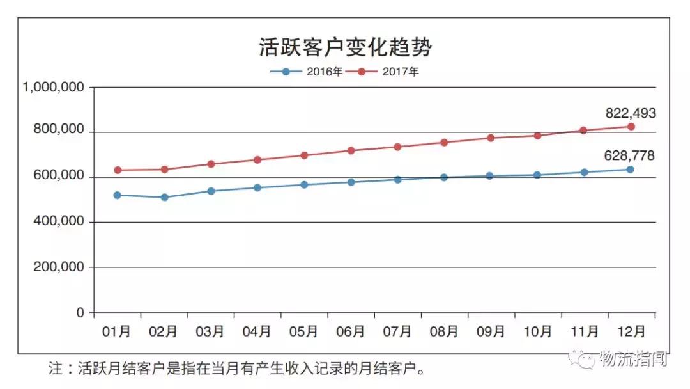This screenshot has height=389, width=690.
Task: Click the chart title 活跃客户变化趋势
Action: coord(345,47)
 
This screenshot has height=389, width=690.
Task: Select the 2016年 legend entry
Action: coord(307,72)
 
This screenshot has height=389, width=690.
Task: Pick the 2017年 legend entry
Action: coord(388,72)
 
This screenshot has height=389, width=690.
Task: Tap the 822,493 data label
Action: coord(630,114)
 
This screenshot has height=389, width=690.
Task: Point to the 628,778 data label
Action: coord(630,155)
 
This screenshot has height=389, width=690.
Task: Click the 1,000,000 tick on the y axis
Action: coord(54,87)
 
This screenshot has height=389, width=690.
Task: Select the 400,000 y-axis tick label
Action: coord(58,222)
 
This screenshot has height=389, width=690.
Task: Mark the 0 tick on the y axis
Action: coord(80,312)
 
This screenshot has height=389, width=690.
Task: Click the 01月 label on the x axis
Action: coord(117,331)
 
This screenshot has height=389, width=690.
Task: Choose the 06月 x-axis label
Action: coord(351,331)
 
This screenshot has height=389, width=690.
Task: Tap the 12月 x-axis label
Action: coord(631,331)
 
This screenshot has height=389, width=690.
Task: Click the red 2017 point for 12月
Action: coord(631,127)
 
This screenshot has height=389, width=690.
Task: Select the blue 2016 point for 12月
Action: coord(630,170)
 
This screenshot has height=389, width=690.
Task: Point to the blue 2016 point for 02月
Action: coord(164,197)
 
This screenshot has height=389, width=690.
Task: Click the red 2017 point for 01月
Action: coord(118,170)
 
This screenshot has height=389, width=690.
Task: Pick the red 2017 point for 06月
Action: coord(351,150)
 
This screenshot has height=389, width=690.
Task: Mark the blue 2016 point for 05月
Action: coord(304,184)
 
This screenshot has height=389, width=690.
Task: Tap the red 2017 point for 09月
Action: coord(491,138)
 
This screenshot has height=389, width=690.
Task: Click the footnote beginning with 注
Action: coord(237,369)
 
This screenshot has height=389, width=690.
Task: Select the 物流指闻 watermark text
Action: coord(633,360)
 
